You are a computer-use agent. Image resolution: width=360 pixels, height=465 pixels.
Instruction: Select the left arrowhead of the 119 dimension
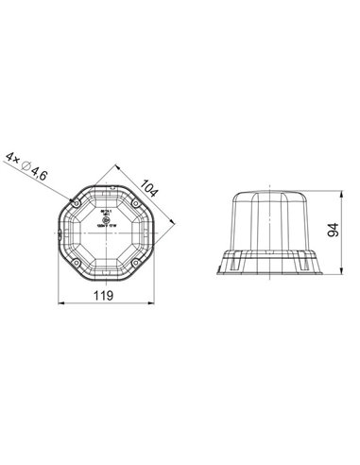(62, 303)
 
